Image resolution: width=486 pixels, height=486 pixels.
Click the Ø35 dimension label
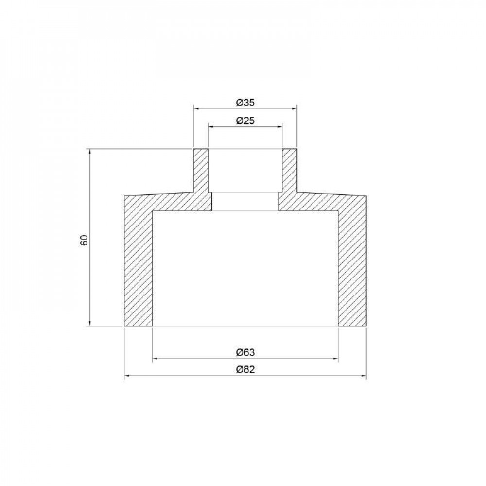pyautogui.click(x=245, y=103)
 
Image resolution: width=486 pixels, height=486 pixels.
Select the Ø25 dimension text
pyautogui.click(x=245, y=121)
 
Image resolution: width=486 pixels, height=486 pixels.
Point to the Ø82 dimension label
pyautogui.click(x=245, y=369)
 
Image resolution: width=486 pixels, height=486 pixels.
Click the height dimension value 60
pyautogui.click(x=84, y=240)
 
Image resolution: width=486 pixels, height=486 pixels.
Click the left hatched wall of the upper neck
pyautogui.click(x=201, y=170)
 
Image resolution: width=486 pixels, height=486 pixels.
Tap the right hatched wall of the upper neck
pyautogui.click(x=289, y=170)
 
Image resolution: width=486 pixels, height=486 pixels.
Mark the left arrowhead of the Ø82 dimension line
pyautogui.click(x=127, y=376)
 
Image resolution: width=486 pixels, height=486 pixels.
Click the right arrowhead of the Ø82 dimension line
pyautogui.click(x=363, y=376)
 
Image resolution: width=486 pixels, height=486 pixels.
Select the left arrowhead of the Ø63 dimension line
pyautogui.click(x=156, y=359)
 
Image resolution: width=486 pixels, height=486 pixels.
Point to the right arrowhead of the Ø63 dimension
pyautogui.click(x=335, y=359)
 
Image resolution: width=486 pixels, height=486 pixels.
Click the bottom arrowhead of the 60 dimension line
pyautogui.click(x=90, y=323)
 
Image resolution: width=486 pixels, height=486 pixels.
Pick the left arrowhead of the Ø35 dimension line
pyautogui.click(x=197, y=109)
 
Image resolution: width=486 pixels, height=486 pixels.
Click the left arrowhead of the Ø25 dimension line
pyautogui.click(x=211, y=127)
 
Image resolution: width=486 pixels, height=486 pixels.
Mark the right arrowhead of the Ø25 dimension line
pyautogui.click(x=279, y=127)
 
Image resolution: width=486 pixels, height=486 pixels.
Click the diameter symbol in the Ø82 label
pyautogui.click(x=239, y=369)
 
